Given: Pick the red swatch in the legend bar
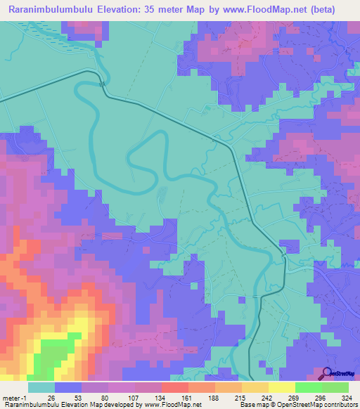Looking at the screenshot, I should tap(174, 387).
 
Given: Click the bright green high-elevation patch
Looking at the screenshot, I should tap(53, 355).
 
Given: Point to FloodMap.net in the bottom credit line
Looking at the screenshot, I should tap(160, 404).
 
